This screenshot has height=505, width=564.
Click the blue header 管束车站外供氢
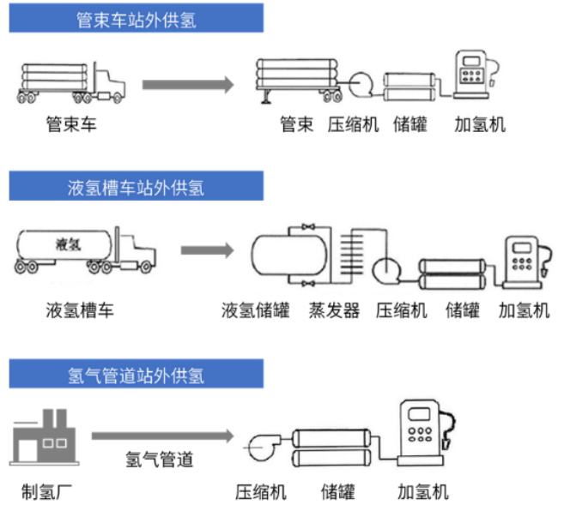pyautogui.click(x=136, y=18)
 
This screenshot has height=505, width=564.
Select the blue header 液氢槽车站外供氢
pyautogui.click(x=136, y=186)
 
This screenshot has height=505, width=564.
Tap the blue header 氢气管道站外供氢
pyautogui.click(x=136, y=375)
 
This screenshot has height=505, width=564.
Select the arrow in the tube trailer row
pyautogui.click(x=188, y=84)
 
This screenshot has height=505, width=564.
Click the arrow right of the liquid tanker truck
pyautogui.click(x=206, y=250)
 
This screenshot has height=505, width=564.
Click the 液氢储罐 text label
pyautogui.click(x=254, y=310)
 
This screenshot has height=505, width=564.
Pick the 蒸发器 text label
pyautogui.click(x=334, y=310)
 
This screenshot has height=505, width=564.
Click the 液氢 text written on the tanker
pyautogui.click(x=67, y=243)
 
